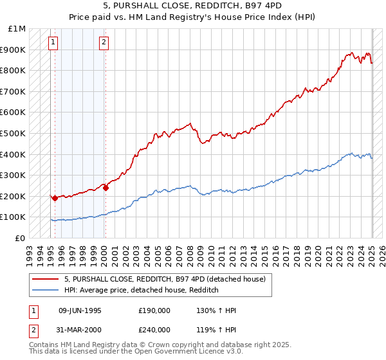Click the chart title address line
coord(192,6)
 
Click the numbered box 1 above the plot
coord(53,43)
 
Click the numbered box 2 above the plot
coord(104,43)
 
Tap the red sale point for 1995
coord(55,198)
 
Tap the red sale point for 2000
coord(106,188)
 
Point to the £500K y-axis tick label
coord(13,133)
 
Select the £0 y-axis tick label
coord(20,238)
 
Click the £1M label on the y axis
coord(17,29)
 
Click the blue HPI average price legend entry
coord(142,290)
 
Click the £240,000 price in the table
coord(154,330)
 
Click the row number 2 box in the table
coord(33,330)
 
